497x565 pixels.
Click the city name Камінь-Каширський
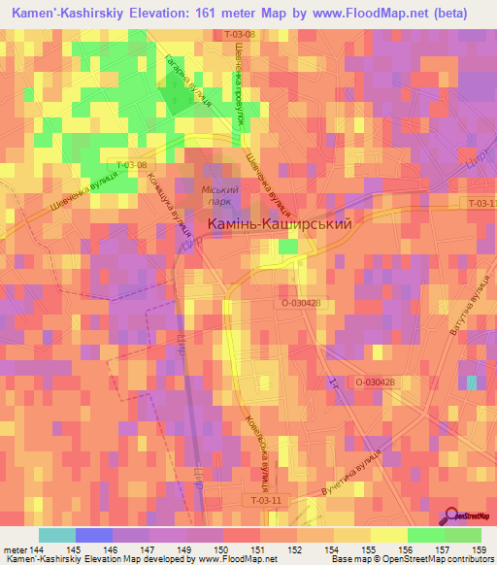point(280,223)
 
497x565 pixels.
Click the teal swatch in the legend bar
point(56,535)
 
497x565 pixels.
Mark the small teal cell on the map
point(471,383)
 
